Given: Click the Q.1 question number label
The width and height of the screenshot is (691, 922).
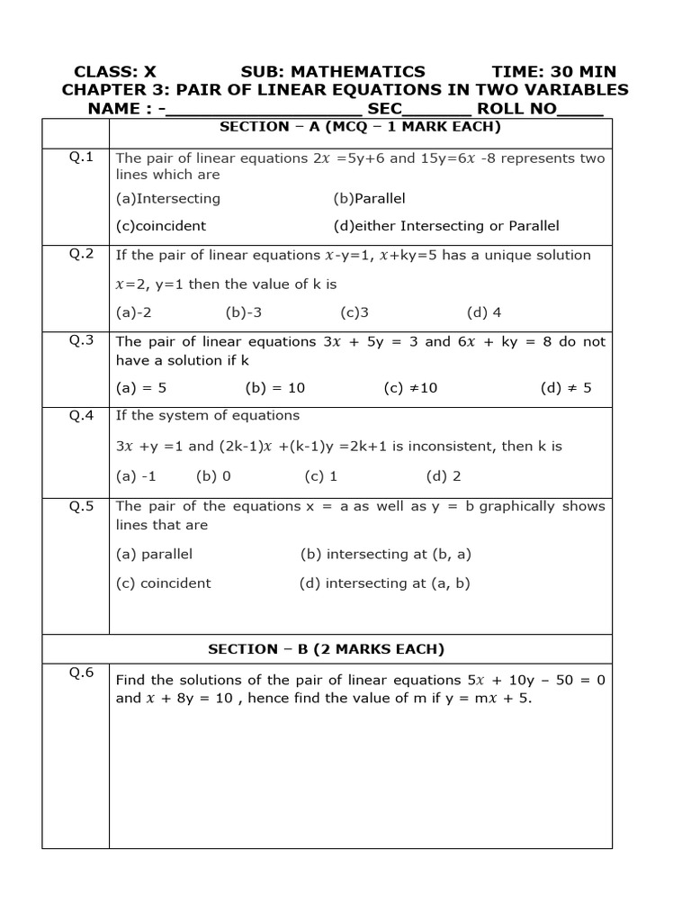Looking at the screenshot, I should pyautogui.click(x=82, y=157).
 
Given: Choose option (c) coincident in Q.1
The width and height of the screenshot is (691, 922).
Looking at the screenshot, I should pyautogui.click(x=161, y=226).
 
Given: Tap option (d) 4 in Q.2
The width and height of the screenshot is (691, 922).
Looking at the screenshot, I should pyautogui.click(x=483, y=312).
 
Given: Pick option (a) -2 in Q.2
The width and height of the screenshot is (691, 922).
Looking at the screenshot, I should pyautogui.click(x=134, y=312).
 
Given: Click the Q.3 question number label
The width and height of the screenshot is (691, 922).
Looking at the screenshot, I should pyautogui.click(x=82, y=339).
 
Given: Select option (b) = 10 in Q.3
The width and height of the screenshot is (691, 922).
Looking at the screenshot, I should pyautogui.click(x=274, y=388).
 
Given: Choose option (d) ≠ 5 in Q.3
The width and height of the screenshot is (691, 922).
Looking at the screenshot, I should pyautogui.click(x=566, y=388).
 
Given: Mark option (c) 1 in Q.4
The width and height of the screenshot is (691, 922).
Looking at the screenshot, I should pyautogui.click(x=320, y=476).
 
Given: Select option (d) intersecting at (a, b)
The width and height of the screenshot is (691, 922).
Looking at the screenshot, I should pyautogui.click(x=385, y=583).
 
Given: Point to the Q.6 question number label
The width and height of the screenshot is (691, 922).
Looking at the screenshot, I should pyautogui.click(x=82, y=673).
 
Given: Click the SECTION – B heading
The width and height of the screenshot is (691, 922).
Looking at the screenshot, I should pyautogui.click(x=326, y=648).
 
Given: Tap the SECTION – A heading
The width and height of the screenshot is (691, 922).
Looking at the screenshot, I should pyautogui.click(x=360, y=127).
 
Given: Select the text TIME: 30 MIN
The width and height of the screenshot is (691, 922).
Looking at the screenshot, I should pyautogui.click(x=553, y=71).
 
